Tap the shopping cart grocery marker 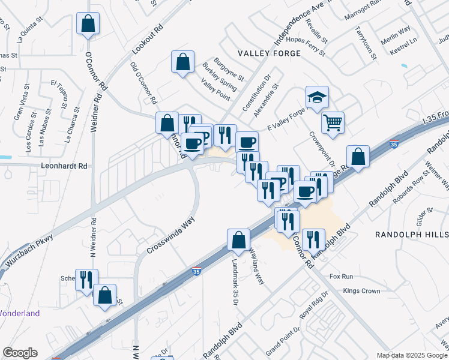(333, 123)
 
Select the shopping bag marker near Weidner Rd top (88, 24)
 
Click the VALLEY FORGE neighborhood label (268, 53)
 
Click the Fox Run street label (342, 277)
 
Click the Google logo (19, 353)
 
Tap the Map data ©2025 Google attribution (411, 355)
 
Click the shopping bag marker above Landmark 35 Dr (239, 240)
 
